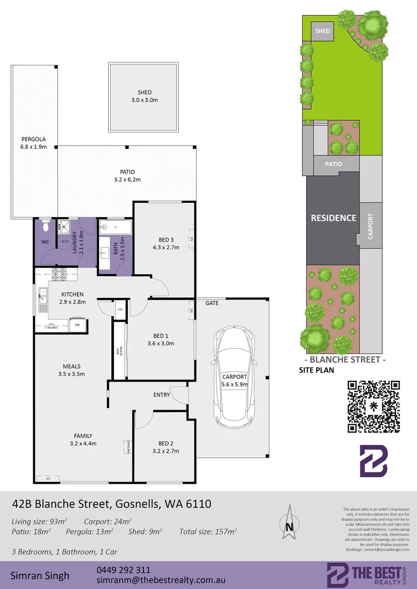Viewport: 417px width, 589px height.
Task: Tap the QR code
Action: pos(373,406)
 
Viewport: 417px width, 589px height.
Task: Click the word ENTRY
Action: pos(162,395)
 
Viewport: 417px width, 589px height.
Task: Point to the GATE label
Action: pos(212,303)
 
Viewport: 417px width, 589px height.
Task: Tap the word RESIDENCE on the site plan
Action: pos(333,218)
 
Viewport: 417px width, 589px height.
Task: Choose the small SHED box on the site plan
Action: pos(323,31)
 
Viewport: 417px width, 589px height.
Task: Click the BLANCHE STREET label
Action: pos(344,360)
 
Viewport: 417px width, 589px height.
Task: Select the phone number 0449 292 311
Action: pos(123,570)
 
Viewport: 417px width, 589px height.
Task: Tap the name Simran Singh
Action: pos(40,576)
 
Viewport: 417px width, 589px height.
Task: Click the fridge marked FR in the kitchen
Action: pos(78,325)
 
